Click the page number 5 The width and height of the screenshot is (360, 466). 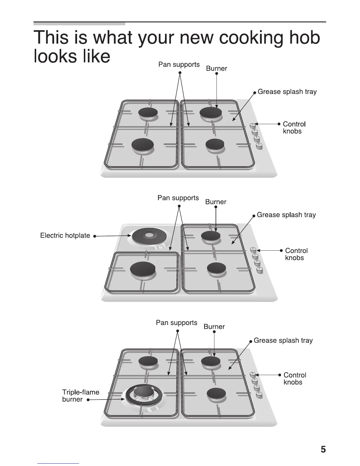pos(323,450)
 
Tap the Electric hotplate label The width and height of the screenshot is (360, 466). pos(65,235)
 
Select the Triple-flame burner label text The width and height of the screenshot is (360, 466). pos(80,395)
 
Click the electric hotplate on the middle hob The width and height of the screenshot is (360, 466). pos(147,236)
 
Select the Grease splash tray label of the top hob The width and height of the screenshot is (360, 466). pos(287,91)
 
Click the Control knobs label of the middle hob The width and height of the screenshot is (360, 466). pos(296,254)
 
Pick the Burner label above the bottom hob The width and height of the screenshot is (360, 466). pos(214,327)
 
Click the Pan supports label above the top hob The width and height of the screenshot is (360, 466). pos(179,64)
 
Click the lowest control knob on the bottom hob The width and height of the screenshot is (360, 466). pos(259,395)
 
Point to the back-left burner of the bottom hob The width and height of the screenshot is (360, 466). pos(148,361)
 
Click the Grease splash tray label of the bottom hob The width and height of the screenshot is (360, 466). pos(283,340)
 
